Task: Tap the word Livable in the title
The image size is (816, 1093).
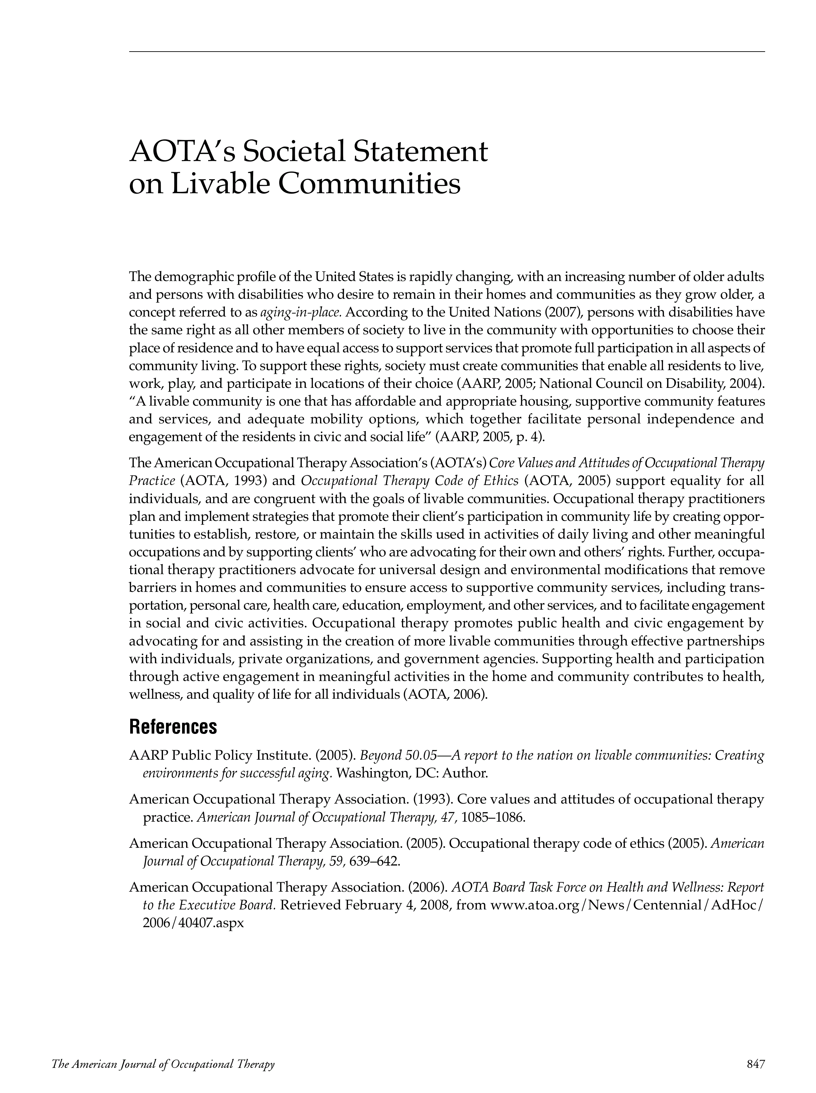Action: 218,184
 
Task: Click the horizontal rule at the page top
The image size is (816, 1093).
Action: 447,51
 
